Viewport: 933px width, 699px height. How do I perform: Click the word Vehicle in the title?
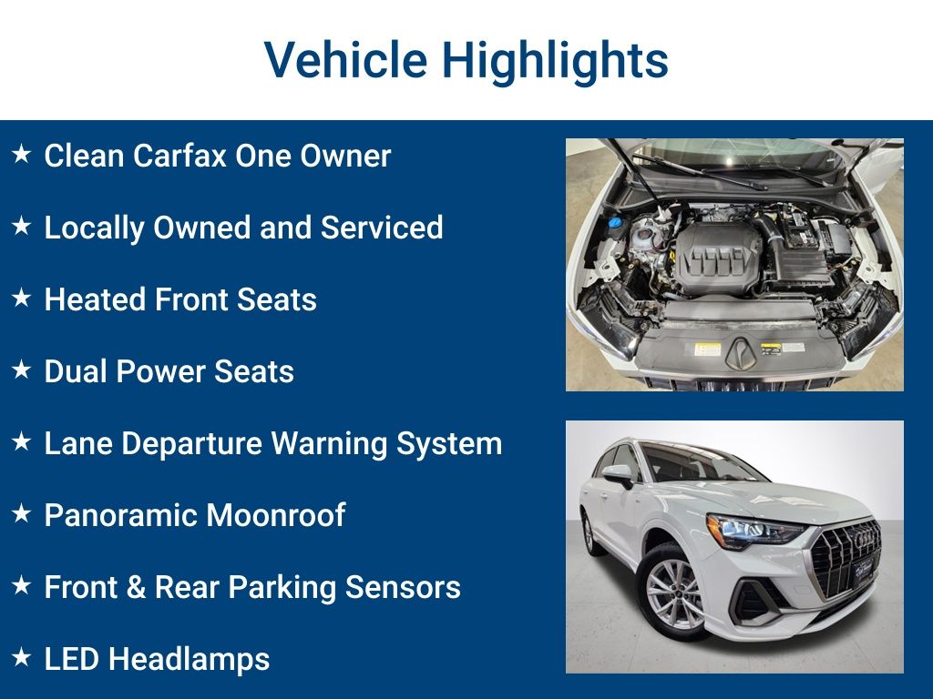coord(345,59)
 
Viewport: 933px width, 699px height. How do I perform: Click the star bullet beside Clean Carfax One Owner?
coord(22,153)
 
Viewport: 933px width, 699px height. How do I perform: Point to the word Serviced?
coord(382,228)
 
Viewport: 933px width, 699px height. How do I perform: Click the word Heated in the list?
coord(95,299)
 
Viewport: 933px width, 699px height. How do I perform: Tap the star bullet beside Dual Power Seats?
coord(22,370)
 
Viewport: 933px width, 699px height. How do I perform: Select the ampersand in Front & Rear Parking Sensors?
coord(136,587)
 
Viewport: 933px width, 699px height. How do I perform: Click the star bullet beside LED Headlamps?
coord(22,657)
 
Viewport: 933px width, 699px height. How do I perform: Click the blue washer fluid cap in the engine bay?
coord(615,223)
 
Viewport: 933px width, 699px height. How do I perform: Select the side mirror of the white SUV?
coord(619,475)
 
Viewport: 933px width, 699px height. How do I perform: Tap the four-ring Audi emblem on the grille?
coord(866,538)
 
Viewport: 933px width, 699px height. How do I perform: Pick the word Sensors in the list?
coord(403,587)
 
